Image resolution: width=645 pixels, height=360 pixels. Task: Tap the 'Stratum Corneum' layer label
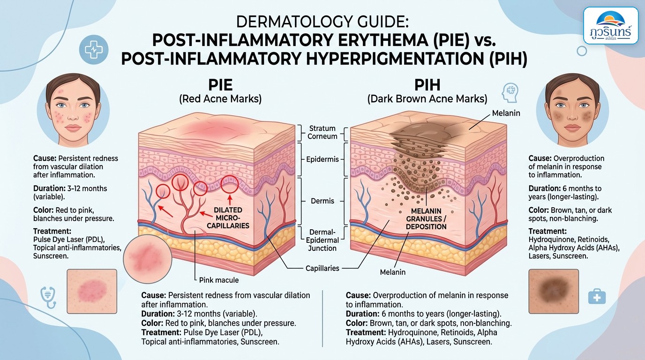(322, 132)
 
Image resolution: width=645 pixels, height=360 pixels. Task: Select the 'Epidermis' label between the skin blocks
(322, 159)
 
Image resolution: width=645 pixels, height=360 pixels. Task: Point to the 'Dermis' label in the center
(322, 201)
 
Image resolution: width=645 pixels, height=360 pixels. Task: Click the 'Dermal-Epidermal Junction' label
(322, 240)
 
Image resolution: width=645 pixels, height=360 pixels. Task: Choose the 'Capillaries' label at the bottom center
(322, 269)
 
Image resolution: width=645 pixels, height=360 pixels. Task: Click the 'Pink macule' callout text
(219, 280)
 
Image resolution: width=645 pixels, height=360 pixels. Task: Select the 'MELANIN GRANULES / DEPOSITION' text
(426, 219)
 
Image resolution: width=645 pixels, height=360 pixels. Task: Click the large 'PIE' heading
(220, 85)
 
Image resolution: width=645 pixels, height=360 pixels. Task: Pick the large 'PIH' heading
(427, 85)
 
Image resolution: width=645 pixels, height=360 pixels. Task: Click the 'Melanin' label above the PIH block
(506, 113)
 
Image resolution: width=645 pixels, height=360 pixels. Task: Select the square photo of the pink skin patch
(92, 291)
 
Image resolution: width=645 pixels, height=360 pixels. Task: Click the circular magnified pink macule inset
(148, 259)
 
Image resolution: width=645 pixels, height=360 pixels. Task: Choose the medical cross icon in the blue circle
(94, 49)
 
